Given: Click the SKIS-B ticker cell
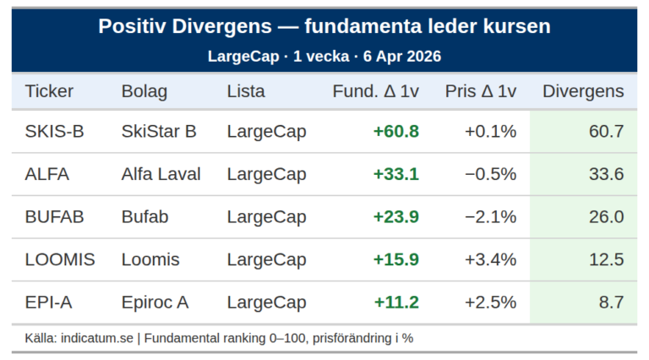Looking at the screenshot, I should (54, 132).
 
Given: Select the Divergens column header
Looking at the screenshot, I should (583, 91).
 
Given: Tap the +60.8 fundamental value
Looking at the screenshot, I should (396, 132).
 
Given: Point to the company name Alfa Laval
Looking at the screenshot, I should (161, 174).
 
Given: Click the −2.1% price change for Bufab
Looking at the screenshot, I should (490, 217).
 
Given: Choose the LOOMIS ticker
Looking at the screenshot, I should (60, 259).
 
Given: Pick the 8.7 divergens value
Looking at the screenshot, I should (606, 303).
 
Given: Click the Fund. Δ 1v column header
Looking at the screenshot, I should (376, 91).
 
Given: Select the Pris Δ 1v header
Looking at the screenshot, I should (481, 91).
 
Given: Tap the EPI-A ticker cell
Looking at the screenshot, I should (48, 303).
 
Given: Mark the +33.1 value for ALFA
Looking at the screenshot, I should (396, 174).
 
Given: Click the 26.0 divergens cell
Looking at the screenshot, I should (606, 217).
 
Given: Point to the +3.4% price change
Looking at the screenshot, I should (490, 259).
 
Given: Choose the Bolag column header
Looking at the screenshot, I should (145, 91).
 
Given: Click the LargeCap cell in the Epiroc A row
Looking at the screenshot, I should (266, 303).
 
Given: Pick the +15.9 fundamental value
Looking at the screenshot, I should (396, 259).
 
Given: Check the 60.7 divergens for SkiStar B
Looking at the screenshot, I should (606, 132).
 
